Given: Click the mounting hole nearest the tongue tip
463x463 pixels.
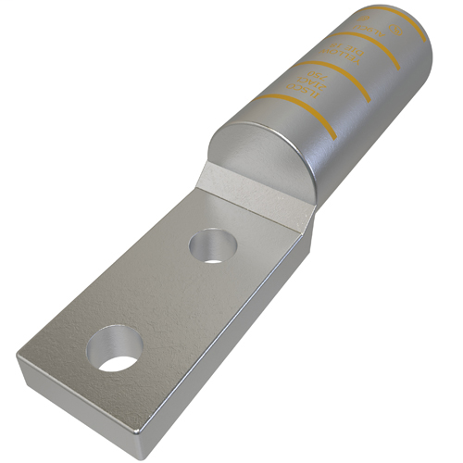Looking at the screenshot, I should [x=112, y=350].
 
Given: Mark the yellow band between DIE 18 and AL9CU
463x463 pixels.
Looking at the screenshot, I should [x=370, y=47].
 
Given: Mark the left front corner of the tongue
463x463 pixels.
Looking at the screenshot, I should [x=20, y=357].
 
